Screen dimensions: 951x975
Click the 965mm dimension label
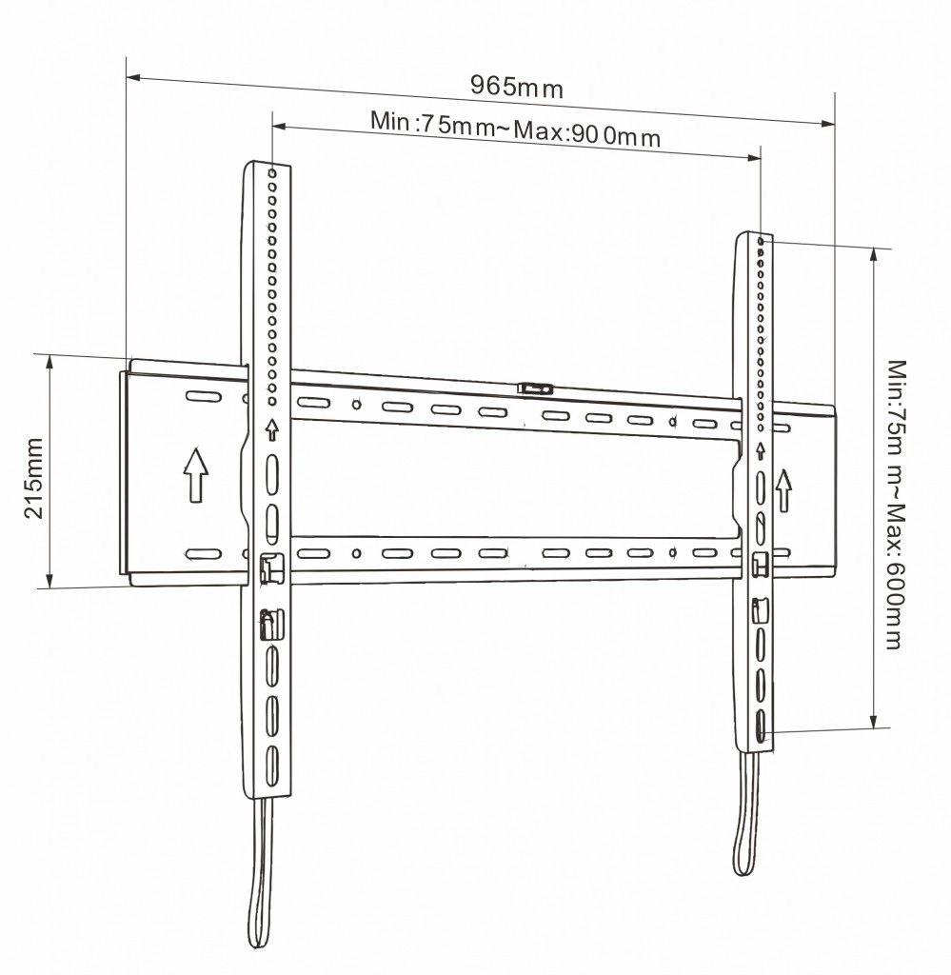tap(517, 86)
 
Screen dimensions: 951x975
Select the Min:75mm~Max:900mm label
tap(515, 129)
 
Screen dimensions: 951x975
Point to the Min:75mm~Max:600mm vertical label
tap(895, 505)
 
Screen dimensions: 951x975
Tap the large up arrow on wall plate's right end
tap(783, 490)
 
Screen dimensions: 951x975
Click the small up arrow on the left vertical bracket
tap(271, 429)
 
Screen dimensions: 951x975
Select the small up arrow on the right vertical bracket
tap(761, 450)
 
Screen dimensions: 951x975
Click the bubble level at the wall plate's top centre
tap(535, 388)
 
